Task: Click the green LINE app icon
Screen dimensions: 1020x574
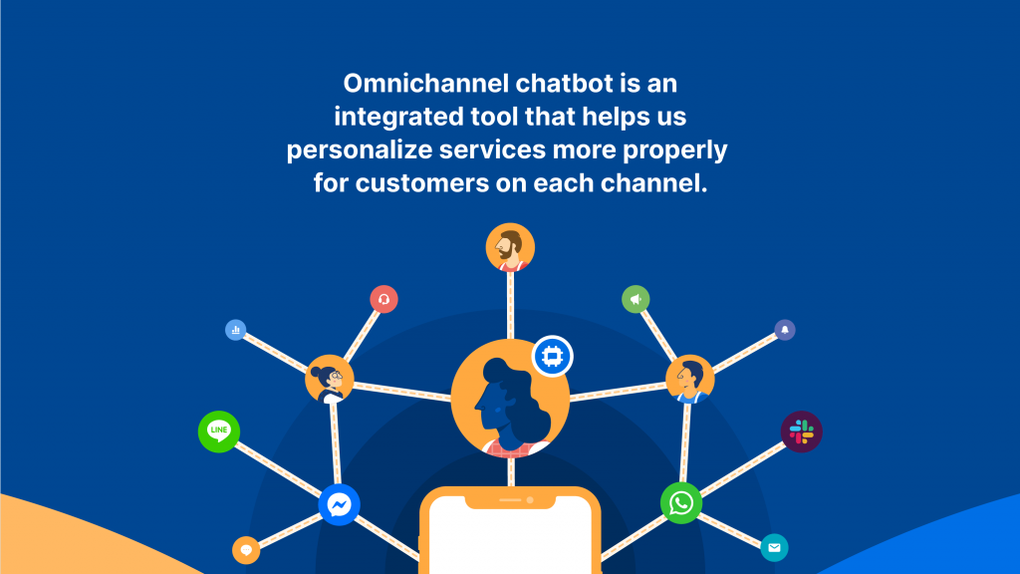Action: pyautogui.click(x=219, y=431)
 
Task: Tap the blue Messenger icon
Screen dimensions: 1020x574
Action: pyautogui.click(x=339, y=504)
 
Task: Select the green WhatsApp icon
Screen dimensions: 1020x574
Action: pyautogui.click(x=681, y=503)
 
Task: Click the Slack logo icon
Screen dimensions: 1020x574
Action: pyautogui.click(x=802, y=431)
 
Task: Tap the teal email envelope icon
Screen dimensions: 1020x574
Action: pyautogui.click(x=774, y=547)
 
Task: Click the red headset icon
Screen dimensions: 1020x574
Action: pyautogui.click(x=383, y=299)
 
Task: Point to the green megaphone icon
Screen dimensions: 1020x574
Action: pyautogui.click(x=636, y=299)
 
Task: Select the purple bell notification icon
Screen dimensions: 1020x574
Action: pyautogui.click(x=785, y=330)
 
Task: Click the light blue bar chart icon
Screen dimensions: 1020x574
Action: pyautogui.click(x=235, y=330)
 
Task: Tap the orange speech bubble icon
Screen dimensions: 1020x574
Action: pyautogui.click(x=246, y=550)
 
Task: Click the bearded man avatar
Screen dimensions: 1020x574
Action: pyautogui.click(x=510, y=248)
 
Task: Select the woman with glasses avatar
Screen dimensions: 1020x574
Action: pyautogui.click(x=329, y=380)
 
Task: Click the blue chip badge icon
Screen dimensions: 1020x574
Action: pyautogui.click(x=552, y=356)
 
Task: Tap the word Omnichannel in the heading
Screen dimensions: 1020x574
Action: pyautogui.click(x=426, y=84)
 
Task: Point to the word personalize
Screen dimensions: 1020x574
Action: pyautogui.click(x=360, y=150)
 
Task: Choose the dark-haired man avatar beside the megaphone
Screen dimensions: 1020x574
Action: pyautogui.click(x=690, y=380)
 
